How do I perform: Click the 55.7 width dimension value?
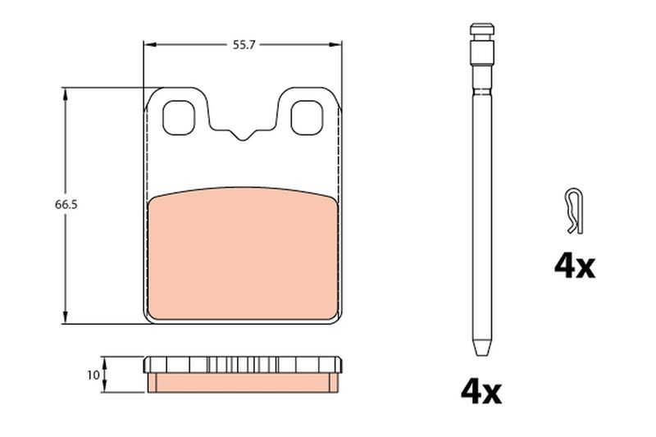[x=244, y=45]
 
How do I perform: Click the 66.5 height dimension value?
[x=66, y=205]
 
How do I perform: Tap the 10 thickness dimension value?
[x=93, y=375]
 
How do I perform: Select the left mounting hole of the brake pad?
[x=179, y=118]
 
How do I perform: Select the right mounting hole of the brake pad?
[x=307, y=118]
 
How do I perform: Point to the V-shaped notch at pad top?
[x=242, y=134]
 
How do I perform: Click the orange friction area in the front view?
[x=243, y=254]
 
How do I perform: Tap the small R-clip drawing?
[x=573, y=212]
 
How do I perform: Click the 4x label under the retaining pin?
[x=481, y=391]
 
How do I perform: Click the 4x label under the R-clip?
[x=575, y=266]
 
